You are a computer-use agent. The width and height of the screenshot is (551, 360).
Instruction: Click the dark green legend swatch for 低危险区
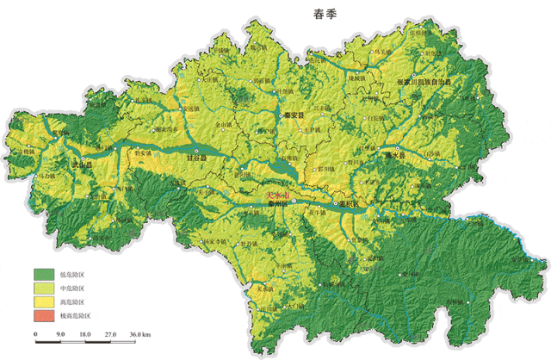pyautogui.click(x=44, y=273)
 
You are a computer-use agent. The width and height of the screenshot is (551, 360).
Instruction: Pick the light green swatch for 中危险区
pyautogui.click(x=44, y=288)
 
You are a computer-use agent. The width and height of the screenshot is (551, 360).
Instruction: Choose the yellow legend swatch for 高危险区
pyautogui.click(x=44, y=302)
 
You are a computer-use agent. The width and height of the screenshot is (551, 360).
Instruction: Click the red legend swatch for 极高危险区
pyautogui.click(x=44, y=317)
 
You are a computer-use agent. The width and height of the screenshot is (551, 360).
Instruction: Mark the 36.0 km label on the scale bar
pyautogui.click(x=139, y=333)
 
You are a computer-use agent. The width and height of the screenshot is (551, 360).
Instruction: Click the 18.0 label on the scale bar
pyautogui.click(x=85, y=333)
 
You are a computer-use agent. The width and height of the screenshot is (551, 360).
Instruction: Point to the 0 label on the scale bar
pyautogui.click(x=35, y=333)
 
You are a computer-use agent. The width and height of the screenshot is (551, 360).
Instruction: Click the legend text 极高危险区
pyautogui.click(x=77, y=317)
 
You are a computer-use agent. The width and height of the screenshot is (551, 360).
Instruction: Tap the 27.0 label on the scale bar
pyautogui.click(x=111, y=333)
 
